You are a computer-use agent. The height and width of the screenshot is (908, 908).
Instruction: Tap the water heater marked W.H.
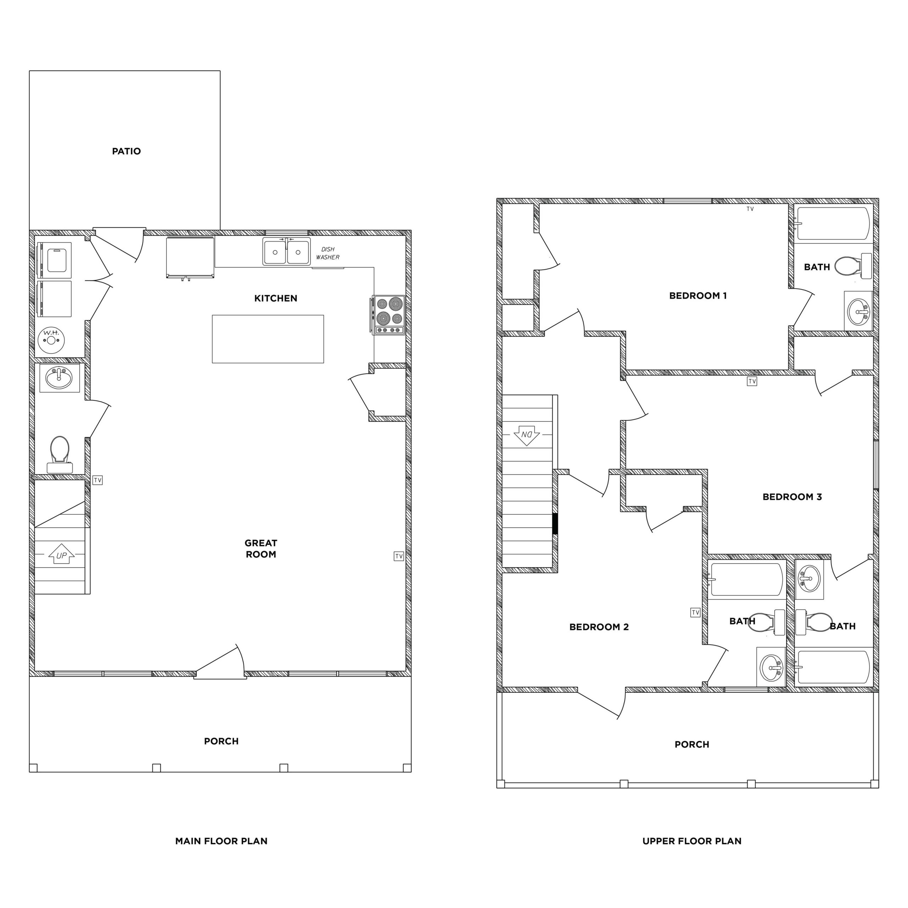pyautogui.click(x=51, y=340)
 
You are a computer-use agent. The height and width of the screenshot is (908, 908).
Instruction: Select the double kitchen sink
pyautogui.click(x=286, y=252)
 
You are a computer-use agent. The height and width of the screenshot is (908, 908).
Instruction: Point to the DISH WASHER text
pyautogui.click(x=328, y=253)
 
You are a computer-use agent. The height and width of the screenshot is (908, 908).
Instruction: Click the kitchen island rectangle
pyautogui.click(x=267, y=339)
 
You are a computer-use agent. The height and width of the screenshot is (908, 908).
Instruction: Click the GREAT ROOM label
pyautogui.click(x=261, y=548)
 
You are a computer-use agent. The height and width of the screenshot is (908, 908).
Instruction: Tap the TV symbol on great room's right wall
pyautogui.click(x=399, y=557)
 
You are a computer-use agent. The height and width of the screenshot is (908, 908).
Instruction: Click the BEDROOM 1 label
pyautogui.click(x=698, y=295)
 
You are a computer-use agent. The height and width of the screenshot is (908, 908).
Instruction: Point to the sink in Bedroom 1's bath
pyautogui.click(x=858, y=311)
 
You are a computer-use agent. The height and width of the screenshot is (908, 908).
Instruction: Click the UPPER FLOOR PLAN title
pyautogui.click(x=692, y=841)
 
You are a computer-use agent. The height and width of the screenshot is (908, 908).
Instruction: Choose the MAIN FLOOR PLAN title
pyautogui.click(x=221, y=841)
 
